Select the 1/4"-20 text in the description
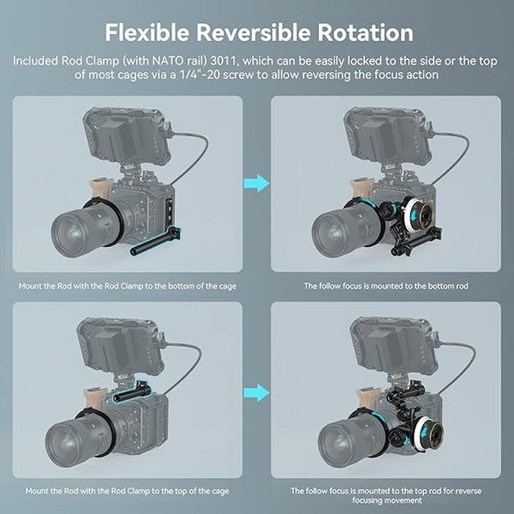[217, 76]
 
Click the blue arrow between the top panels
[255, 182]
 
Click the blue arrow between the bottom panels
[255, 393]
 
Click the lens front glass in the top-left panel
[75, 230]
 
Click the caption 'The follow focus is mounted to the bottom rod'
[385, 285]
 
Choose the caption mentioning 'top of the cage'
[126, 491]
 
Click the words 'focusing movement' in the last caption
[385, 501]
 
